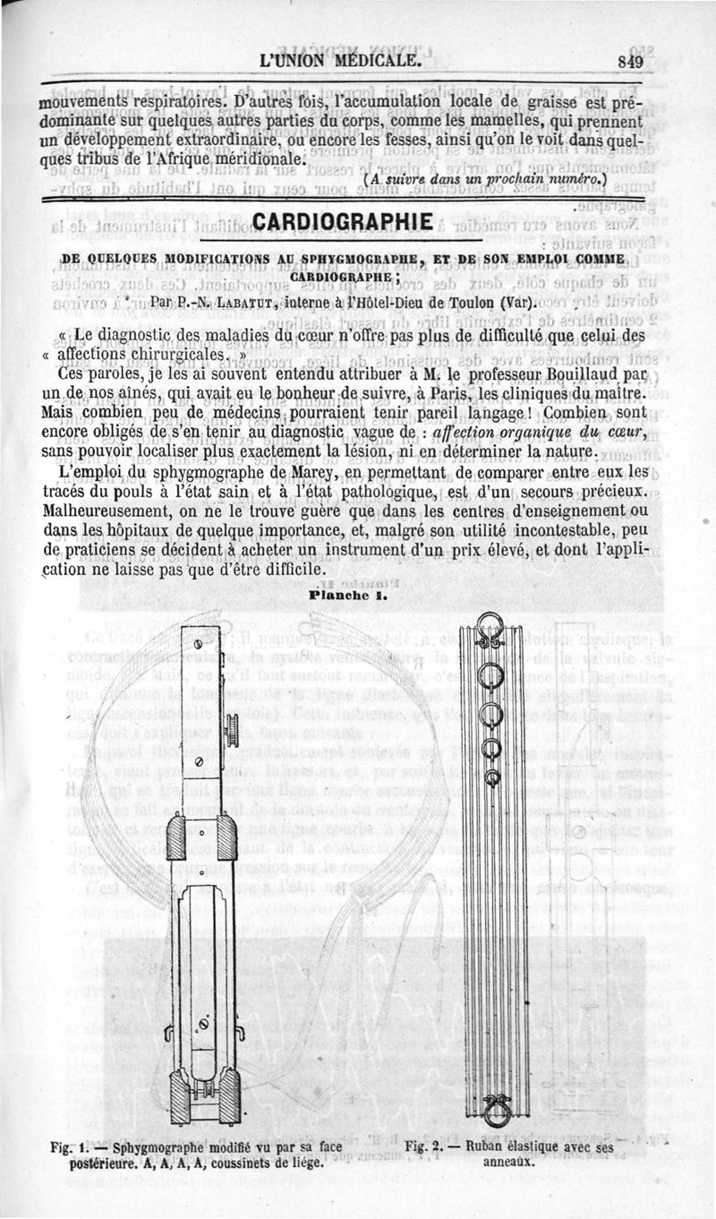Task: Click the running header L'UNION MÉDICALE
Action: click(x=340, y=61)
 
